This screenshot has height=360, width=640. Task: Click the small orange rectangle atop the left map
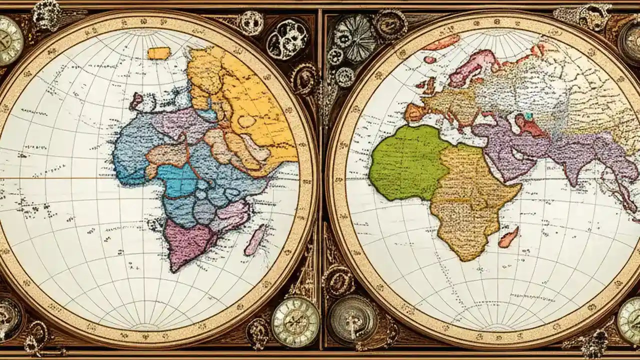(159, 53)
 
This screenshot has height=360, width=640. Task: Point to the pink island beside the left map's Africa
(255, 239)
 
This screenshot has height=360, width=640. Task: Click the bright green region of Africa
(407, 162)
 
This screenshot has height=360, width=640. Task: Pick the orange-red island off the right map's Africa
(508, 237)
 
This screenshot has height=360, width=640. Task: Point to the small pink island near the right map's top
(429, 59)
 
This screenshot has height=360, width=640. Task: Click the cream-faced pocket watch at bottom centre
(295, 321)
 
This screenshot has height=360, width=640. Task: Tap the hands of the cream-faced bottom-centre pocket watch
(295, 321)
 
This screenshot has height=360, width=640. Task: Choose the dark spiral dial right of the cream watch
(353, 318)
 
